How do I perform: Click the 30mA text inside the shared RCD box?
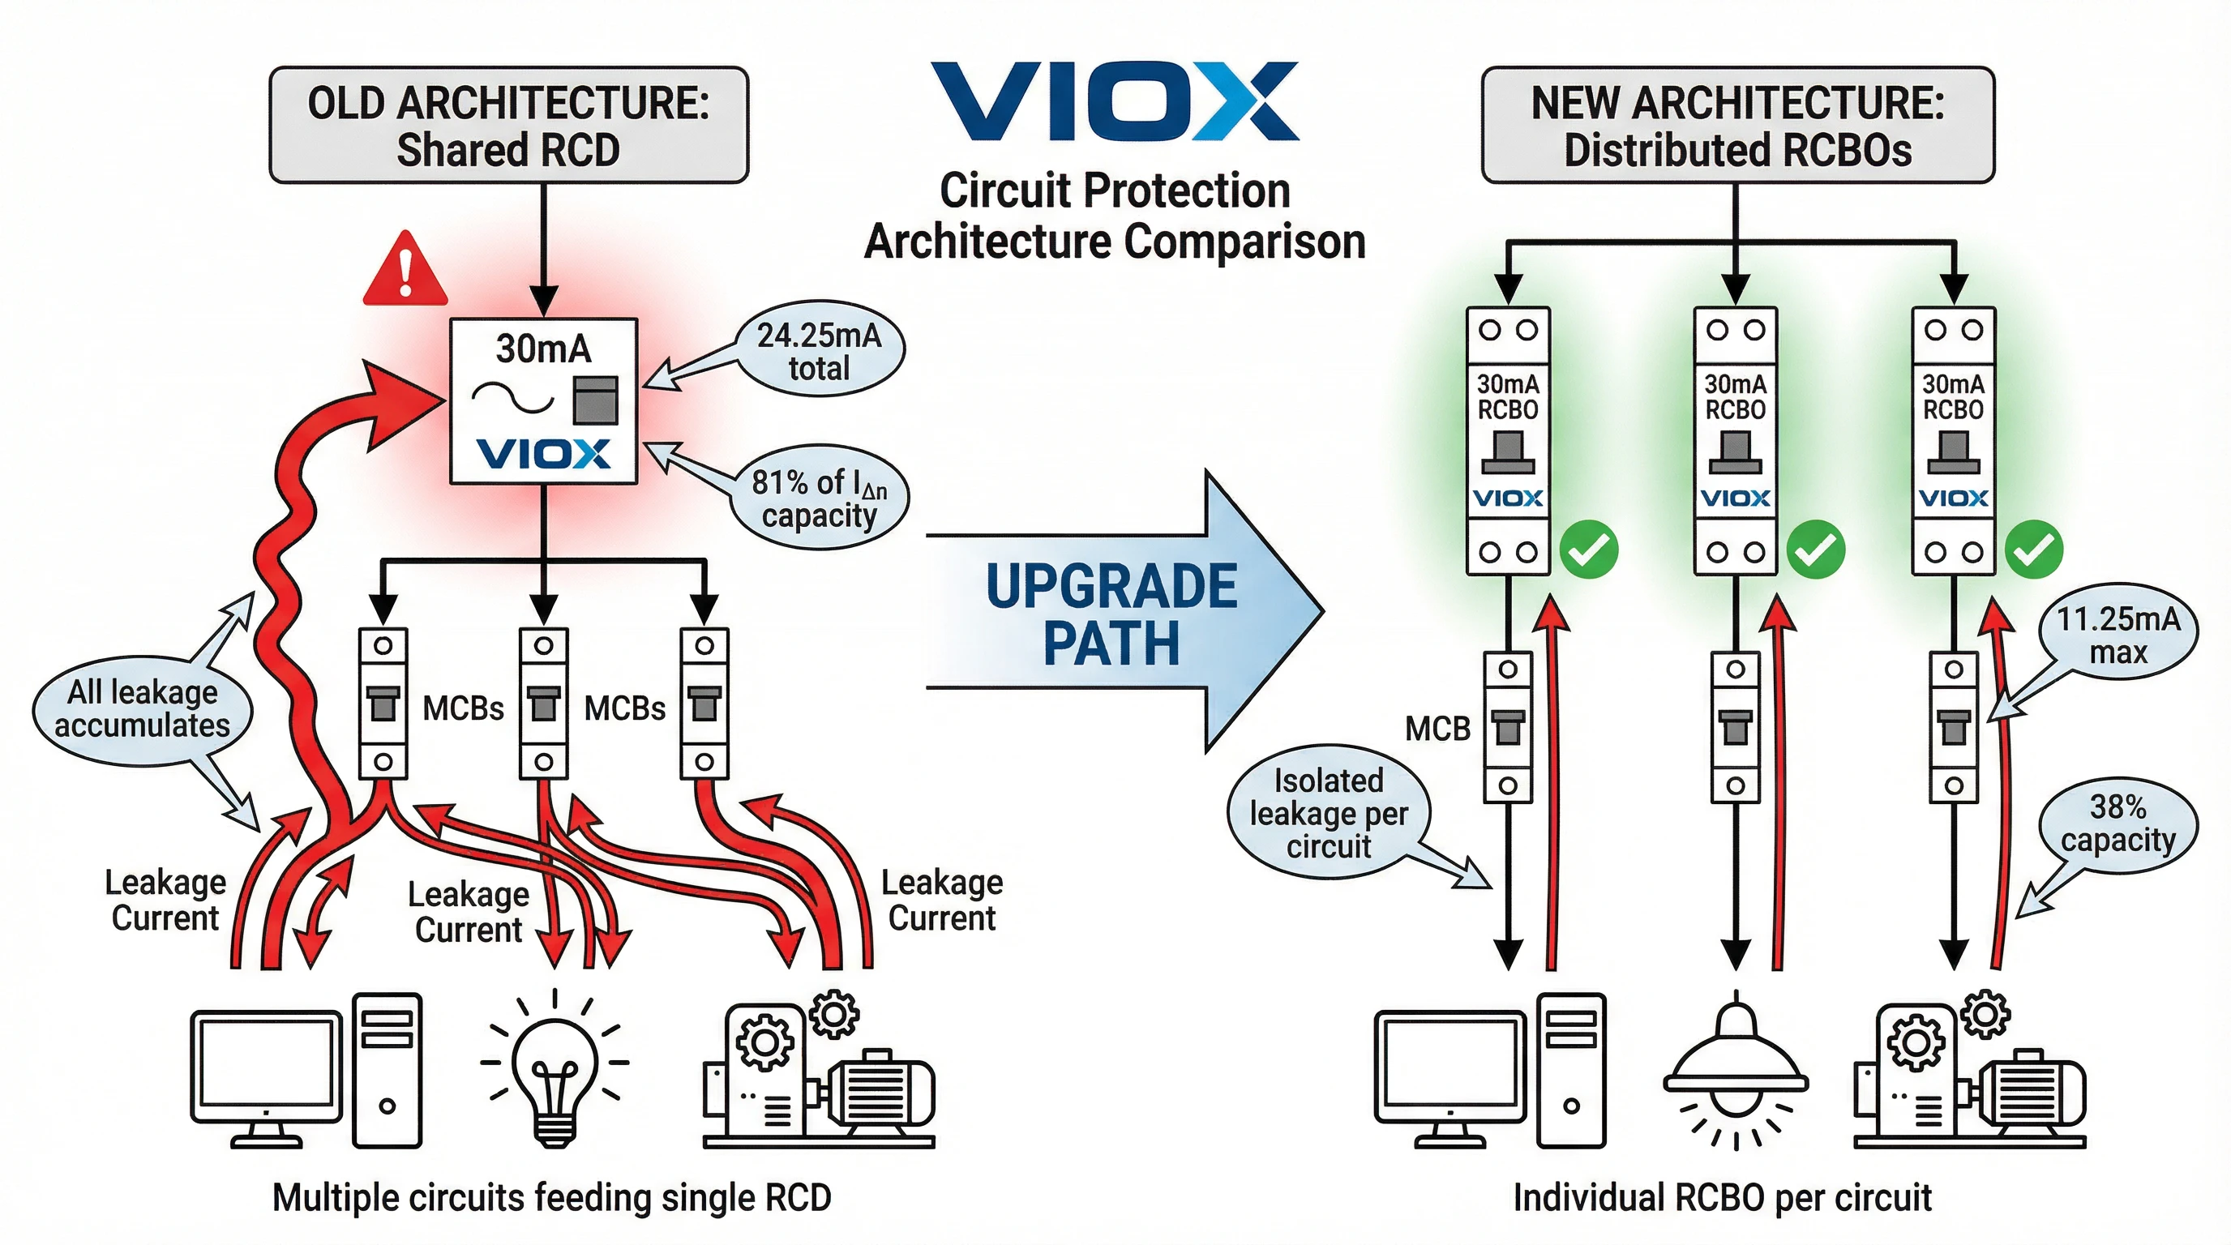543,349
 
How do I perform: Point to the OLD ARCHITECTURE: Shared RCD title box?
508,126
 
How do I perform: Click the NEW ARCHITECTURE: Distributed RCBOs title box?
1737,126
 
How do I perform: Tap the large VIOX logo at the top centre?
1114,101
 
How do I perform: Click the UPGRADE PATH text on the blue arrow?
1111,614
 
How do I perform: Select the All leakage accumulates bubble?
142,709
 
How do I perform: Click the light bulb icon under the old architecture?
555,1071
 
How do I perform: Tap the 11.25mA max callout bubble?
2118,635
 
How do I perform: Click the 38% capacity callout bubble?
2118,824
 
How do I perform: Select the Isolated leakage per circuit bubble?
1328,813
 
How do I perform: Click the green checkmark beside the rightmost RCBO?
2033,550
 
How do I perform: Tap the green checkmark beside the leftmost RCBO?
1588,550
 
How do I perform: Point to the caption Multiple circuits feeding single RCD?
552,1197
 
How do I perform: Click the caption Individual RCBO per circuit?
1722,1197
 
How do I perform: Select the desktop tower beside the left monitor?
388,1070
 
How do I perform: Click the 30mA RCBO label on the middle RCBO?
1735,396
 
